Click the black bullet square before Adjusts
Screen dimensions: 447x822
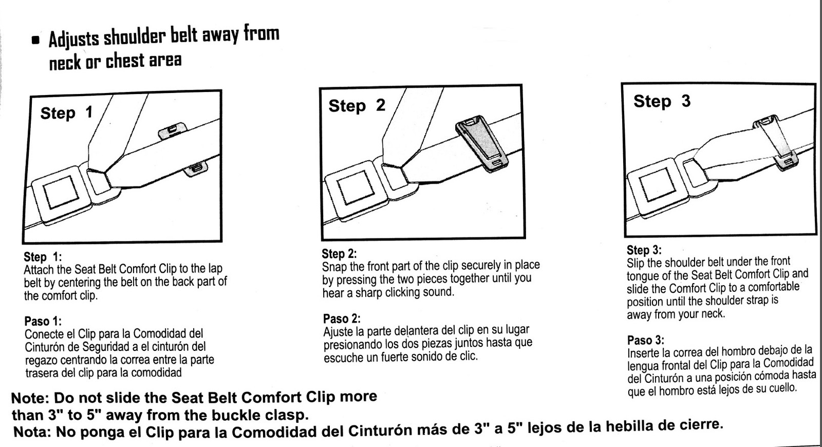35,41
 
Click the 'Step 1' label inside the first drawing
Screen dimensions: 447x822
67,113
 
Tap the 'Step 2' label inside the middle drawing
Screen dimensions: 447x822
357,105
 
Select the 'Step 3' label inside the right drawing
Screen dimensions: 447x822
662,101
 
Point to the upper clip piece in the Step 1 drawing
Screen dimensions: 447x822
172,130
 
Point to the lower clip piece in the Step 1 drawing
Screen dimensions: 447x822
196,168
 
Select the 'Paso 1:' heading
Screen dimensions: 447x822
43,322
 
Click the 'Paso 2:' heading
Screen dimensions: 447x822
342,319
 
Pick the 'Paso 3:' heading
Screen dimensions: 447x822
645,340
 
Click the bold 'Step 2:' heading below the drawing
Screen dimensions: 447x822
339,254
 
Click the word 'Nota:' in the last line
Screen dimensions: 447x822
32,432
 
